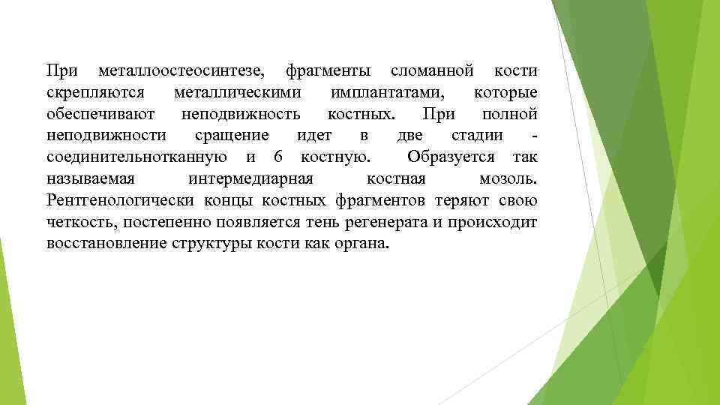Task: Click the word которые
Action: point(505,94)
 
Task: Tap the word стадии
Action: point(477,136)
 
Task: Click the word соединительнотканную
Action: point(136,157)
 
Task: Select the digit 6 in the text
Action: point(278,157)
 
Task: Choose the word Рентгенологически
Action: point(121,201)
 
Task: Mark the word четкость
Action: point(82,223)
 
